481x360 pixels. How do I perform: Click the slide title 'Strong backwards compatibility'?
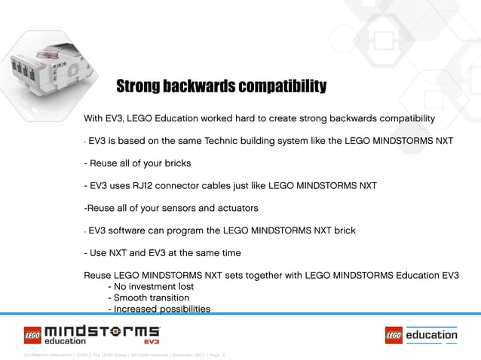click(x=221, y=87)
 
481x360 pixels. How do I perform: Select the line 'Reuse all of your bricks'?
click(x=136, y=163)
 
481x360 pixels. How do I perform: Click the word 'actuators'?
click(x=236, y=208)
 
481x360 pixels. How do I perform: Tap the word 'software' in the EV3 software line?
click(x=134, y=230)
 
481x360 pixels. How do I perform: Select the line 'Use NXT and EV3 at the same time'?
click(x=162, y=253)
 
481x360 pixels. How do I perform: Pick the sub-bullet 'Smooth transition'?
click(x=149, y=298)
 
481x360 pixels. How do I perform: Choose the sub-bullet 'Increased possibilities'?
click(x=159, y=309)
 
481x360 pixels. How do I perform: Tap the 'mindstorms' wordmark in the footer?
click(x=103, y=331)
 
